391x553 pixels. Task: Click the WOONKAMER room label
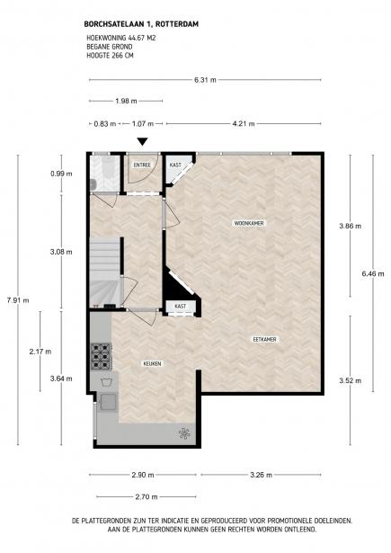249,223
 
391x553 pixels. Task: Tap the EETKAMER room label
265,339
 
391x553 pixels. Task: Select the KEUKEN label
152,363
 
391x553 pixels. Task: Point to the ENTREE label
142,165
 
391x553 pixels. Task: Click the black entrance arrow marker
142,141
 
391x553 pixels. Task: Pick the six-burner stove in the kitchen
102,356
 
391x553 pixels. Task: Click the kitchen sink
108,402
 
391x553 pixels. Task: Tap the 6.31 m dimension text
205,80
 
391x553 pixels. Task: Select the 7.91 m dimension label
18,300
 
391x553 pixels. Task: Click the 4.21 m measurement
244,124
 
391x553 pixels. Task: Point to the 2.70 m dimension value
147,497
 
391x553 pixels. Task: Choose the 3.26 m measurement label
261,475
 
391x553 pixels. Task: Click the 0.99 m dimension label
61,174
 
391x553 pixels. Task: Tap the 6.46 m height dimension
373,273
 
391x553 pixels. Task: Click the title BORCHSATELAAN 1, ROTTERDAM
141,24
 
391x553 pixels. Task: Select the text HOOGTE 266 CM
110,56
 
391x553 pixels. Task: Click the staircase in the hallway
105,272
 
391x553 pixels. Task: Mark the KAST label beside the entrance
175,165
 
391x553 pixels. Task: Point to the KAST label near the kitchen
180,307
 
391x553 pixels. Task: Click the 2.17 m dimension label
40,352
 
